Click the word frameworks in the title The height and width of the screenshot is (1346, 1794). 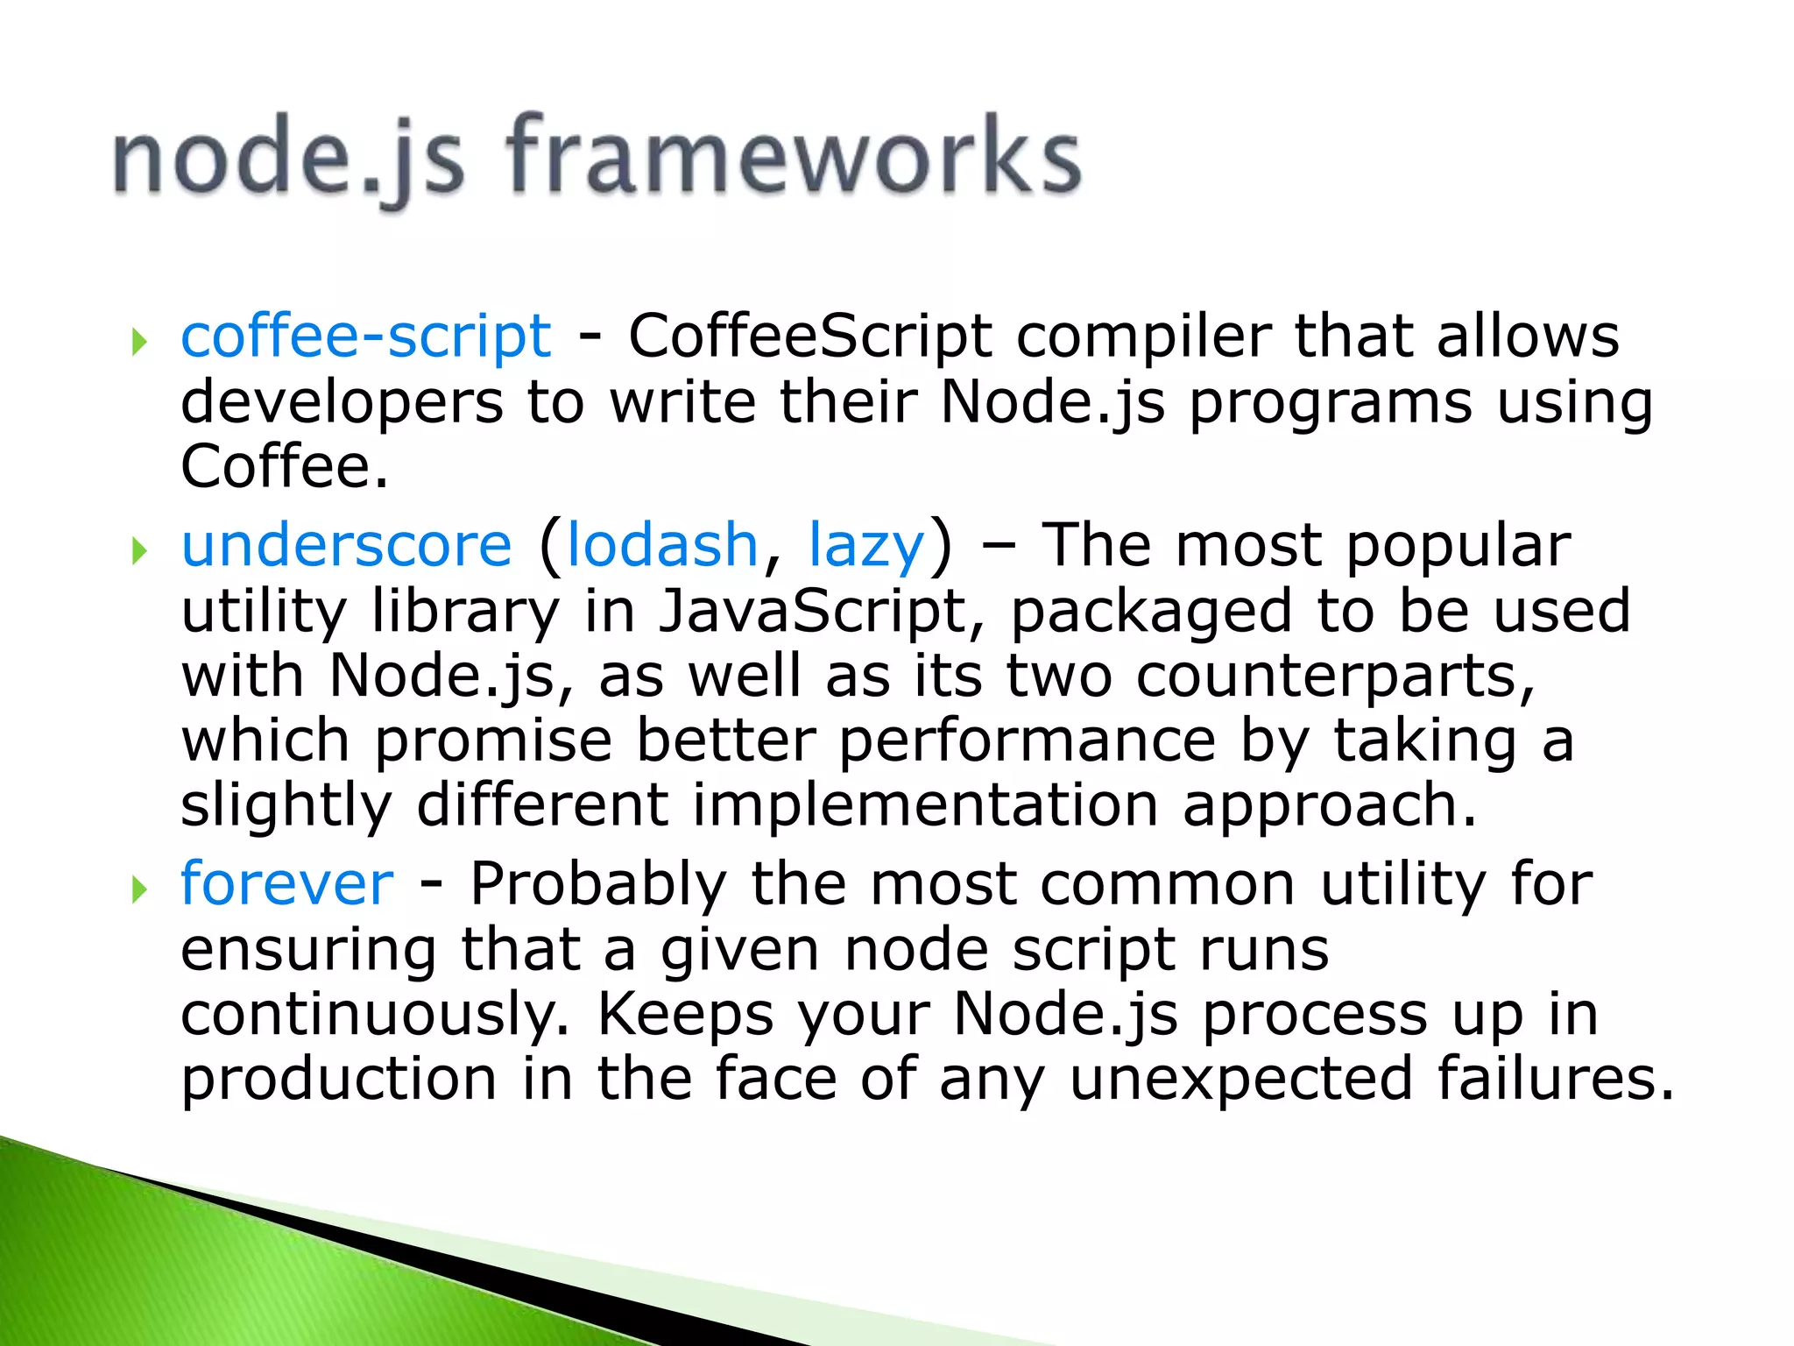pyautogui.click(x=793, y=158)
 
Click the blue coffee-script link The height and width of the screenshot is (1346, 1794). pyautogui.click(x=366, y=336)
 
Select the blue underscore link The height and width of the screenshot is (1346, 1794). pyautogui.click(x=346, y=545)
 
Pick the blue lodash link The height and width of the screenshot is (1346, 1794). pyautogui.click(x=662, y=545)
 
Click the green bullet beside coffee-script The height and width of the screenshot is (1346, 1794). pyautogui.click(x=138, y=341)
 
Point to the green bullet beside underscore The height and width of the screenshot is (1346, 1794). pyautogui.click(x=138, y=550)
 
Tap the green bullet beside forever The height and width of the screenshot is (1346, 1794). pyautogui.click(x=138, y=889)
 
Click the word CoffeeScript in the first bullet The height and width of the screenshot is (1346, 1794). pyautogui.click(x=810, y=336)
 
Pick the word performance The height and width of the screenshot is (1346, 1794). pyautogui.click(x=1028, y=741)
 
